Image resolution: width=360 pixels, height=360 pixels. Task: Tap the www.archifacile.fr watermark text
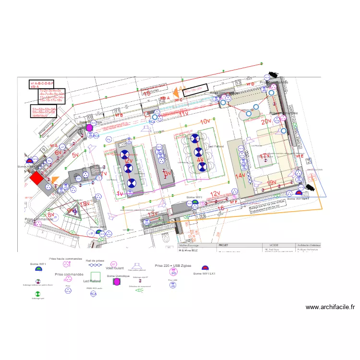pos(330,307)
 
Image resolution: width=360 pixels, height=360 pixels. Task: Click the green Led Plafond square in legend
pos(95,276)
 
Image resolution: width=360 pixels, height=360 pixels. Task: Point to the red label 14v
pos(240,176)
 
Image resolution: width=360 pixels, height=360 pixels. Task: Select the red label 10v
pos(206,121)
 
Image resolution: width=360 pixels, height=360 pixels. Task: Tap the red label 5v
pos(75,156)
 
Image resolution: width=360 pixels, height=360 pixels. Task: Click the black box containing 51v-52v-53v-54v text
pos(44,112)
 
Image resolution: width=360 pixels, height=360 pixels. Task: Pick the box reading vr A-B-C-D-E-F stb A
pos(42,84)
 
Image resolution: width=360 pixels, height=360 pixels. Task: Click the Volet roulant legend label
pos(115,268)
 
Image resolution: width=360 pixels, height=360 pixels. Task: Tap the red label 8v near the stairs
pos(50,215)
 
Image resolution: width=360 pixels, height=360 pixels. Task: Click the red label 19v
pos(272,183)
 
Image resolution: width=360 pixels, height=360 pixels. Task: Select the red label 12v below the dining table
pos(215,193)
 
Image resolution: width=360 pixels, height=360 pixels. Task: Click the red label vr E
pos(299,156)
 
